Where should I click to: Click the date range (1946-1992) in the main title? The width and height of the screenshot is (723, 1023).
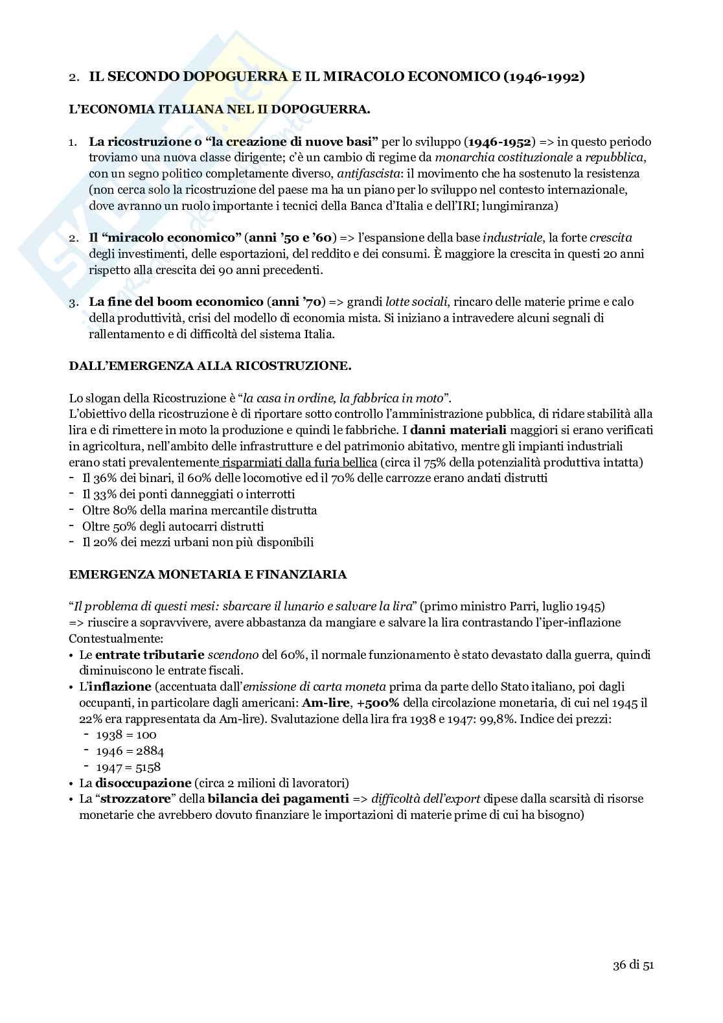tap(543, 77)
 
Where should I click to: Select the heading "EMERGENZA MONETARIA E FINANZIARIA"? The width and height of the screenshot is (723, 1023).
tap(207, 574)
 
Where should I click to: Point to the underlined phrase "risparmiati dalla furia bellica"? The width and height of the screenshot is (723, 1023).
tap(299, 462)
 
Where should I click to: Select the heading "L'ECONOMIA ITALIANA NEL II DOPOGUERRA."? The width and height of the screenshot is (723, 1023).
tap(220, 109)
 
